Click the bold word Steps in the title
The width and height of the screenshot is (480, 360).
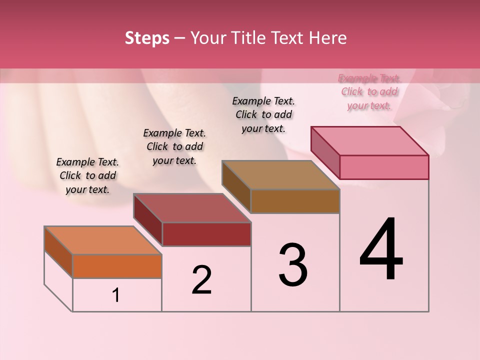click(x=147, y=38)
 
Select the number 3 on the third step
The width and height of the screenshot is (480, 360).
click(x=293, y=265)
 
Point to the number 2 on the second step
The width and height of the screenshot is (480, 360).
click(x=202, y=280)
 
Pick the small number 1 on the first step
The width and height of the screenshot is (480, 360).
click(x=116, y=295)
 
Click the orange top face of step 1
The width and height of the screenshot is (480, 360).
click(x=102, y=240)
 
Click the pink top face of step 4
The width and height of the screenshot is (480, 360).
click(x=370, y=141)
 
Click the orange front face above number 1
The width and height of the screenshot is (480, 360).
click(x=117, y=266)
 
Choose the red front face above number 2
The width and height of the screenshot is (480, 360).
click(x=206, y=234)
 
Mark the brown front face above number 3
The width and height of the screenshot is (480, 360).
click(x=295, y=201)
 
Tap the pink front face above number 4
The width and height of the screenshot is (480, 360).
click(x=384, y=167)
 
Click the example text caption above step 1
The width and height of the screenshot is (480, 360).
click(x=87, y=175)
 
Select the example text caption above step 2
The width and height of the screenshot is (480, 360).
click(x=174, y=146)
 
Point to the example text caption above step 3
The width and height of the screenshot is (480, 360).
click(x=263, y=114)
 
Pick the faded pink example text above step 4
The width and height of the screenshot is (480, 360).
click(x=369, y=91)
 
